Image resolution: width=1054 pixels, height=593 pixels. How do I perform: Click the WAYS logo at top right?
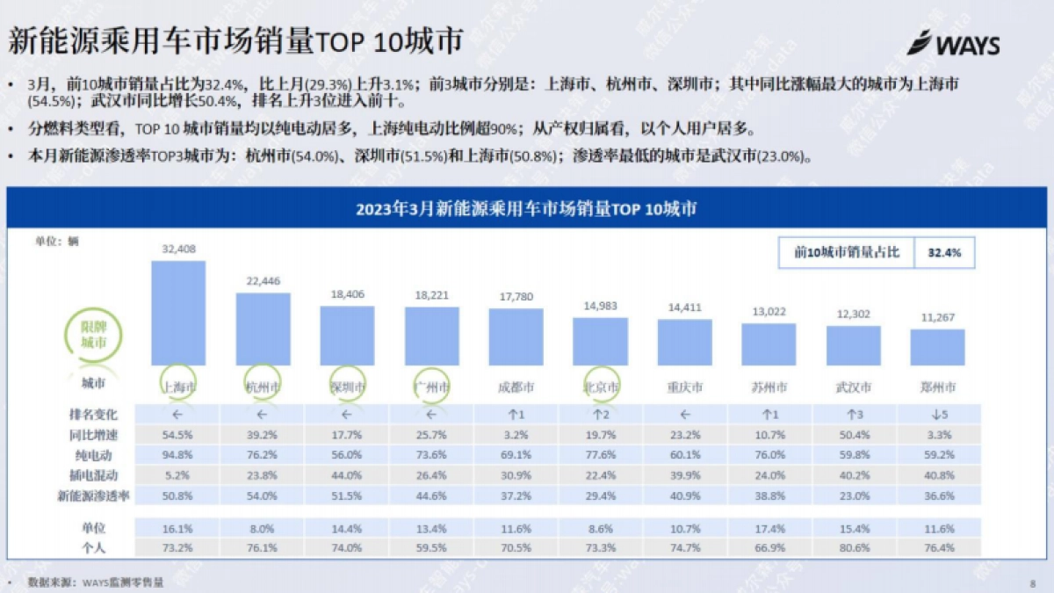click(x=953, y=43)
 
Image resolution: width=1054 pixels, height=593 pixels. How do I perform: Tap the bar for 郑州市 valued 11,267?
click(x=937, y=347)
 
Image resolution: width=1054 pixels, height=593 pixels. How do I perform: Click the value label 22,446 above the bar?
click(x=263, y=281)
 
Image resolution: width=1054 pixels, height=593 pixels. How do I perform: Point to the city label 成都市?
click(x=516, y=387)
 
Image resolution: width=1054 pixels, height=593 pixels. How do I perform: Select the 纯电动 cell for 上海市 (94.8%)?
click(x=178, y=455)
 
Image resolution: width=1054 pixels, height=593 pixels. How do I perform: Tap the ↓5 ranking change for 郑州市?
click(x=937, y=414)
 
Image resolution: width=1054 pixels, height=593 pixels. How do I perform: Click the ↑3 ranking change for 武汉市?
click(x=853, y=414)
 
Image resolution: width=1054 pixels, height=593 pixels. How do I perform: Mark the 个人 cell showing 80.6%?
click(x=853, y=546)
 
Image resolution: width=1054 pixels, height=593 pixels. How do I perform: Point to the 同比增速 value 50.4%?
click(x=853, y=435)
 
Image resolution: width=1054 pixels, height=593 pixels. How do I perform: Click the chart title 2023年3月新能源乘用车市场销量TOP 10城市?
click(x=527, y=209)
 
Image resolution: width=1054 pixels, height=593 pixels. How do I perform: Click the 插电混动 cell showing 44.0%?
click(x=347, y=475)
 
